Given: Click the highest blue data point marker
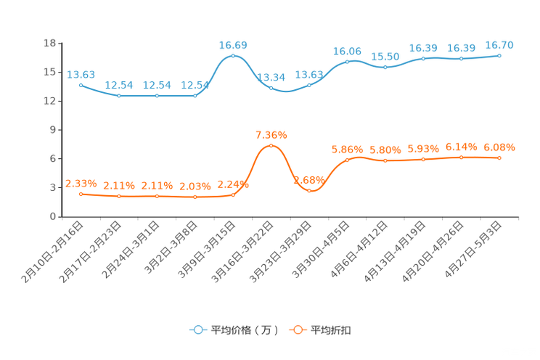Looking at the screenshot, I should point(233,55).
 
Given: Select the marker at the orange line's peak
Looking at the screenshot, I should point(271,145).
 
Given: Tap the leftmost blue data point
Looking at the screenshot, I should point(81,84).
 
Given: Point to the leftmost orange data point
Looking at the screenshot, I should point(81,194).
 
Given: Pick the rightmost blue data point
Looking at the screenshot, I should point(499,54).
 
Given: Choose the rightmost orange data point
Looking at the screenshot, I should point(499,157).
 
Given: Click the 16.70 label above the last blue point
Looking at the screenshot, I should point(499,45).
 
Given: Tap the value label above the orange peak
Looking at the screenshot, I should point(271,135).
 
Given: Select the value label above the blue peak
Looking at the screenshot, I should point(233,45).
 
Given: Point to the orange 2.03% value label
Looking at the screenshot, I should point(195,187).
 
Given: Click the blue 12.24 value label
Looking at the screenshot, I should point(271,77).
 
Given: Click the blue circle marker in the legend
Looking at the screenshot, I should point(198,330).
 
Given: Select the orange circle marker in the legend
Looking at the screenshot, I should point(297,330).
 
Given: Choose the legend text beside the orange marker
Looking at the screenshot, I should point(331,330).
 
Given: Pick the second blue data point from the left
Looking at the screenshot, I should point(119,96).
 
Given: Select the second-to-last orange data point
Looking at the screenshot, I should point(462,157).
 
